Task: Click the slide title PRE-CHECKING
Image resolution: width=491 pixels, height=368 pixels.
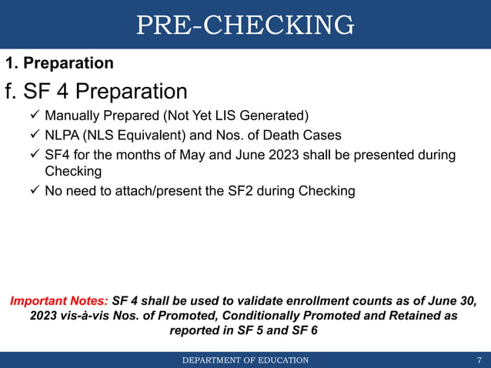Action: [x=245, y=25]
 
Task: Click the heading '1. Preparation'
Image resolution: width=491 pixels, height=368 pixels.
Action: [x=59, y=63]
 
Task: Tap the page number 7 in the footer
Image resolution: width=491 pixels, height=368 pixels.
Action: [x=479, y=360]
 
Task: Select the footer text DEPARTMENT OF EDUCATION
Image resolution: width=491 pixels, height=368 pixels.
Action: [x=245, y=360]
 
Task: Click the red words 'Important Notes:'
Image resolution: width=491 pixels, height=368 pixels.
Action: [x=58, y=300]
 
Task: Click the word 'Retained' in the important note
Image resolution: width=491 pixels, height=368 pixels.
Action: [x=418, y=316]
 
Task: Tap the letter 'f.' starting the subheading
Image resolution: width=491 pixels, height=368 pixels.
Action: [x=11, y=92]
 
